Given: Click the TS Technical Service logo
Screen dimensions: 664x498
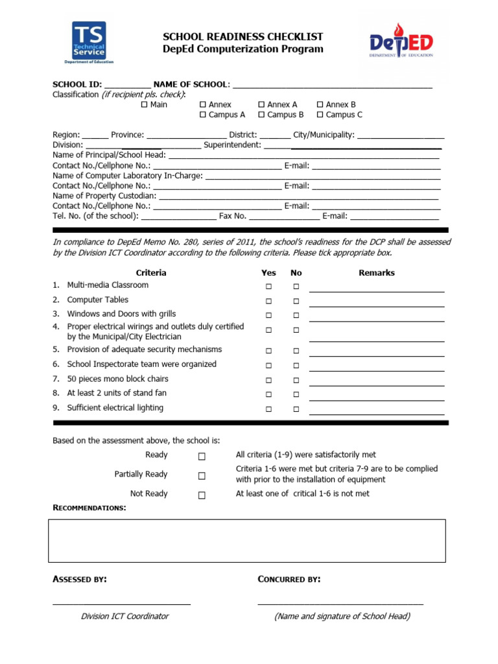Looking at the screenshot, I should [x=89, y=43].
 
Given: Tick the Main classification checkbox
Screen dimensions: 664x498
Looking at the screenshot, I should [x=144, y=104].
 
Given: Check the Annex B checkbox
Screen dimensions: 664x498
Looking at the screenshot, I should [x=320, y=104].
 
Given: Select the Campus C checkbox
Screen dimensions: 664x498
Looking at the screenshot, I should [x=320, y=115].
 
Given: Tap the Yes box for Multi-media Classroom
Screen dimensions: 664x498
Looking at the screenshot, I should [x=268, y=287].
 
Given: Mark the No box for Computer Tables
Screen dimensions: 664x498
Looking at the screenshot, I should [x=296, y=301].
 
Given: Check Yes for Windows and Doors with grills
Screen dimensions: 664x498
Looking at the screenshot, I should [x=268, y=315].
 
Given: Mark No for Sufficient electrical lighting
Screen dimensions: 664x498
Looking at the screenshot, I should [x=296, y=409].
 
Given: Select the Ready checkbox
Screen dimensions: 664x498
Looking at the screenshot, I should [x=202, y=456].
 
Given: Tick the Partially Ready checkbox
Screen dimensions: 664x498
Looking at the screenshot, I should [x=202, y=475].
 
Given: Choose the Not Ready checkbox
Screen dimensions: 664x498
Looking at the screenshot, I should [x=202, y=495].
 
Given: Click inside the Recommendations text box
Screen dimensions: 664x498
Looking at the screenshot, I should [x=246, y=540].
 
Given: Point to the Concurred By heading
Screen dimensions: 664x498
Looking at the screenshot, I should [x=289, y=579].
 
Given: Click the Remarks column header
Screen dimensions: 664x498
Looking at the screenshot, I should [x=376, y=273].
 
